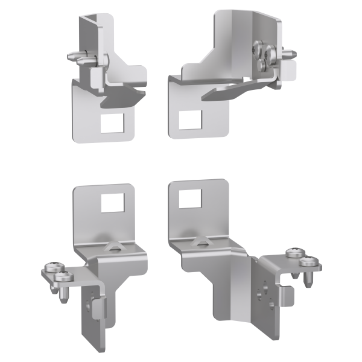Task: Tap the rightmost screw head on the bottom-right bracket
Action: click(x=310, y=262)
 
